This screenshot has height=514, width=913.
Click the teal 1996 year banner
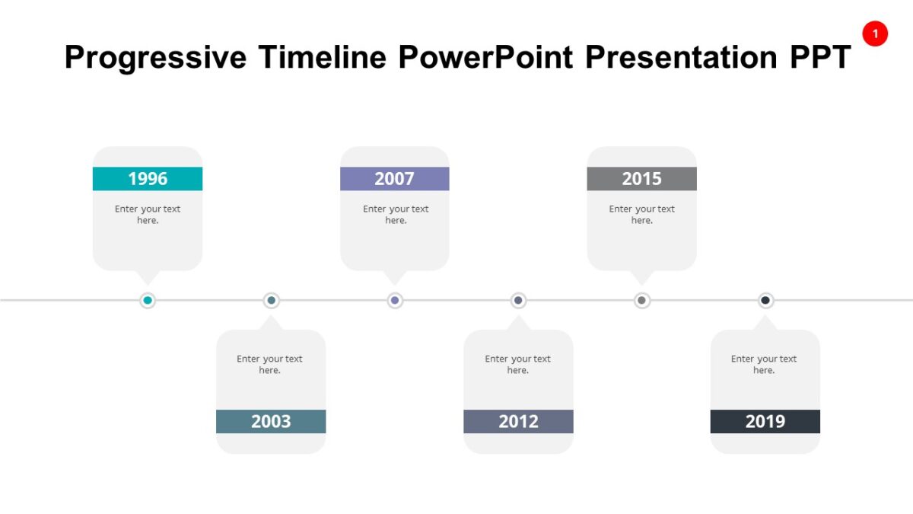click(148, 179)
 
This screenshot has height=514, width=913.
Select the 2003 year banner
click(271, 421)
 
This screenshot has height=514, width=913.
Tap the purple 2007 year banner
click(394, 179)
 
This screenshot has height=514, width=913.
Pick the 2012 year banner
click(518, 421)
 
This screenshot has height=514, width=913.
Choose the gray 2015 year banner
click(641, 179)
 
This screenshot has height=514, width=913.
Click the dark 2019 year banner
click(765, 421)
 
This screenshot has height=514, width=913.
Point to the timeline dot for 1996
click(148, 301)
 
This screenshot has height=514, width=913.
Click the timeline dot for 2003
click(271, 301)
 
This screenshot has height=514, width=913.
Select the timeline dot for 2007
click(394, 301)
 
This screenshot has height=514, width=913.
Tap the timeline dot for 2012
click(518, 301)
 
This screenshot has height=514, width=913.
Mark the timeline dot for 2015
click(641, 301)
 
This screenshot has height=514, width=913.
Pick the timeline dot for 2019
click(765, 301)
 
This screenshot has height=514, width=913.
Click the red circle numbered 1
click(875, 34)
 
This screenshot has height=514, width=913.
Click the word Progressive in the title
click(155, 58)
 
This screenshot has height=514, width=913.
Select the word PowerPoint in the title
click(485, 58)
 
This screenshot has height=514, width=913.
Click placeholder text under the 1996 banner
click(148, 215)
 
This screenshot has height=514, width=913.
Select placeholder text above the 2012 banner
click(518, 365)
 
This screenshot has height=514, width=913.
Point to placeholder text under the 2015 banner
click(641, 215)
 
